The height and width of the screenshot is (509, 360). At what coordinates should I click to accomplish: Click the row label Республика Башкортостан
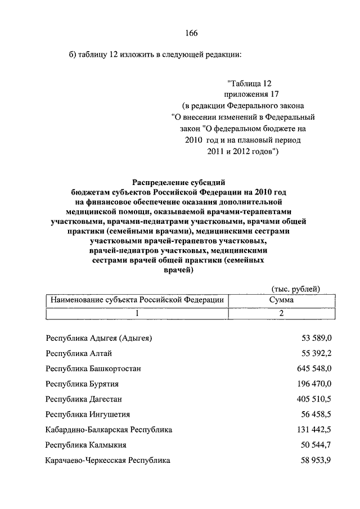(x=93, y=368)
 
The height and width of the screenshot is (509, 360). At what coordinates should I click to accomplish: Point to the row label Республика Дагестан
(x=84, y=399)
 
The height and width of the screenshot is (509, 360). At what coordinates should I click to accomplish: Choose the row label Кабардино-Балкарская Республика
(x=109, y=430)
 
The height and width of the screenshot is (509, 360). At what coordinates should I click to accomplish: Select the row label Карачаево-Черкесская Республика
(x=108, y=460)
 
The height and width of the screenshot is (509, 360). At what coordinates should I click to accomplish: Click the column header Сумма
(x=281, y=300)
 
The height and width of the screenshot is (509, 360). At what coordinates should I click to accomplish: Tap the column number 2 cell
(x=281, y=313)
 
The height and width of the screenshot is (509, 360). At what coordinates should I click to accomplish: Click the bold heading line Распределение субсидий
(x=179, y=182)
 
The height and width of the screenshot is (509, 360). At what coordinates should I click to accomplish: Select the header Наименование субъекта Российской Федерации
(x=137, y=300)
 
